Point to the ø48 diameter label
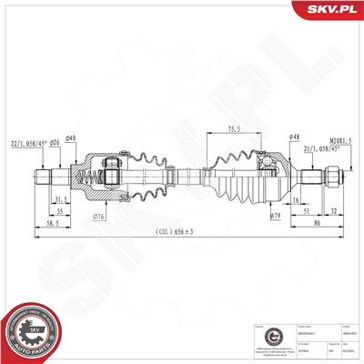pyautogui.click(x=295, y=137)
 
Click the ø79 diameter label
pyautogui.click(x=276, y=216)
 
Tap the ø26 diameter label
pyautogui.click(x=54, y=141)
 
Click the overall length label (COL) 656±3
pyautogui.click(x=181, y=231)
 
